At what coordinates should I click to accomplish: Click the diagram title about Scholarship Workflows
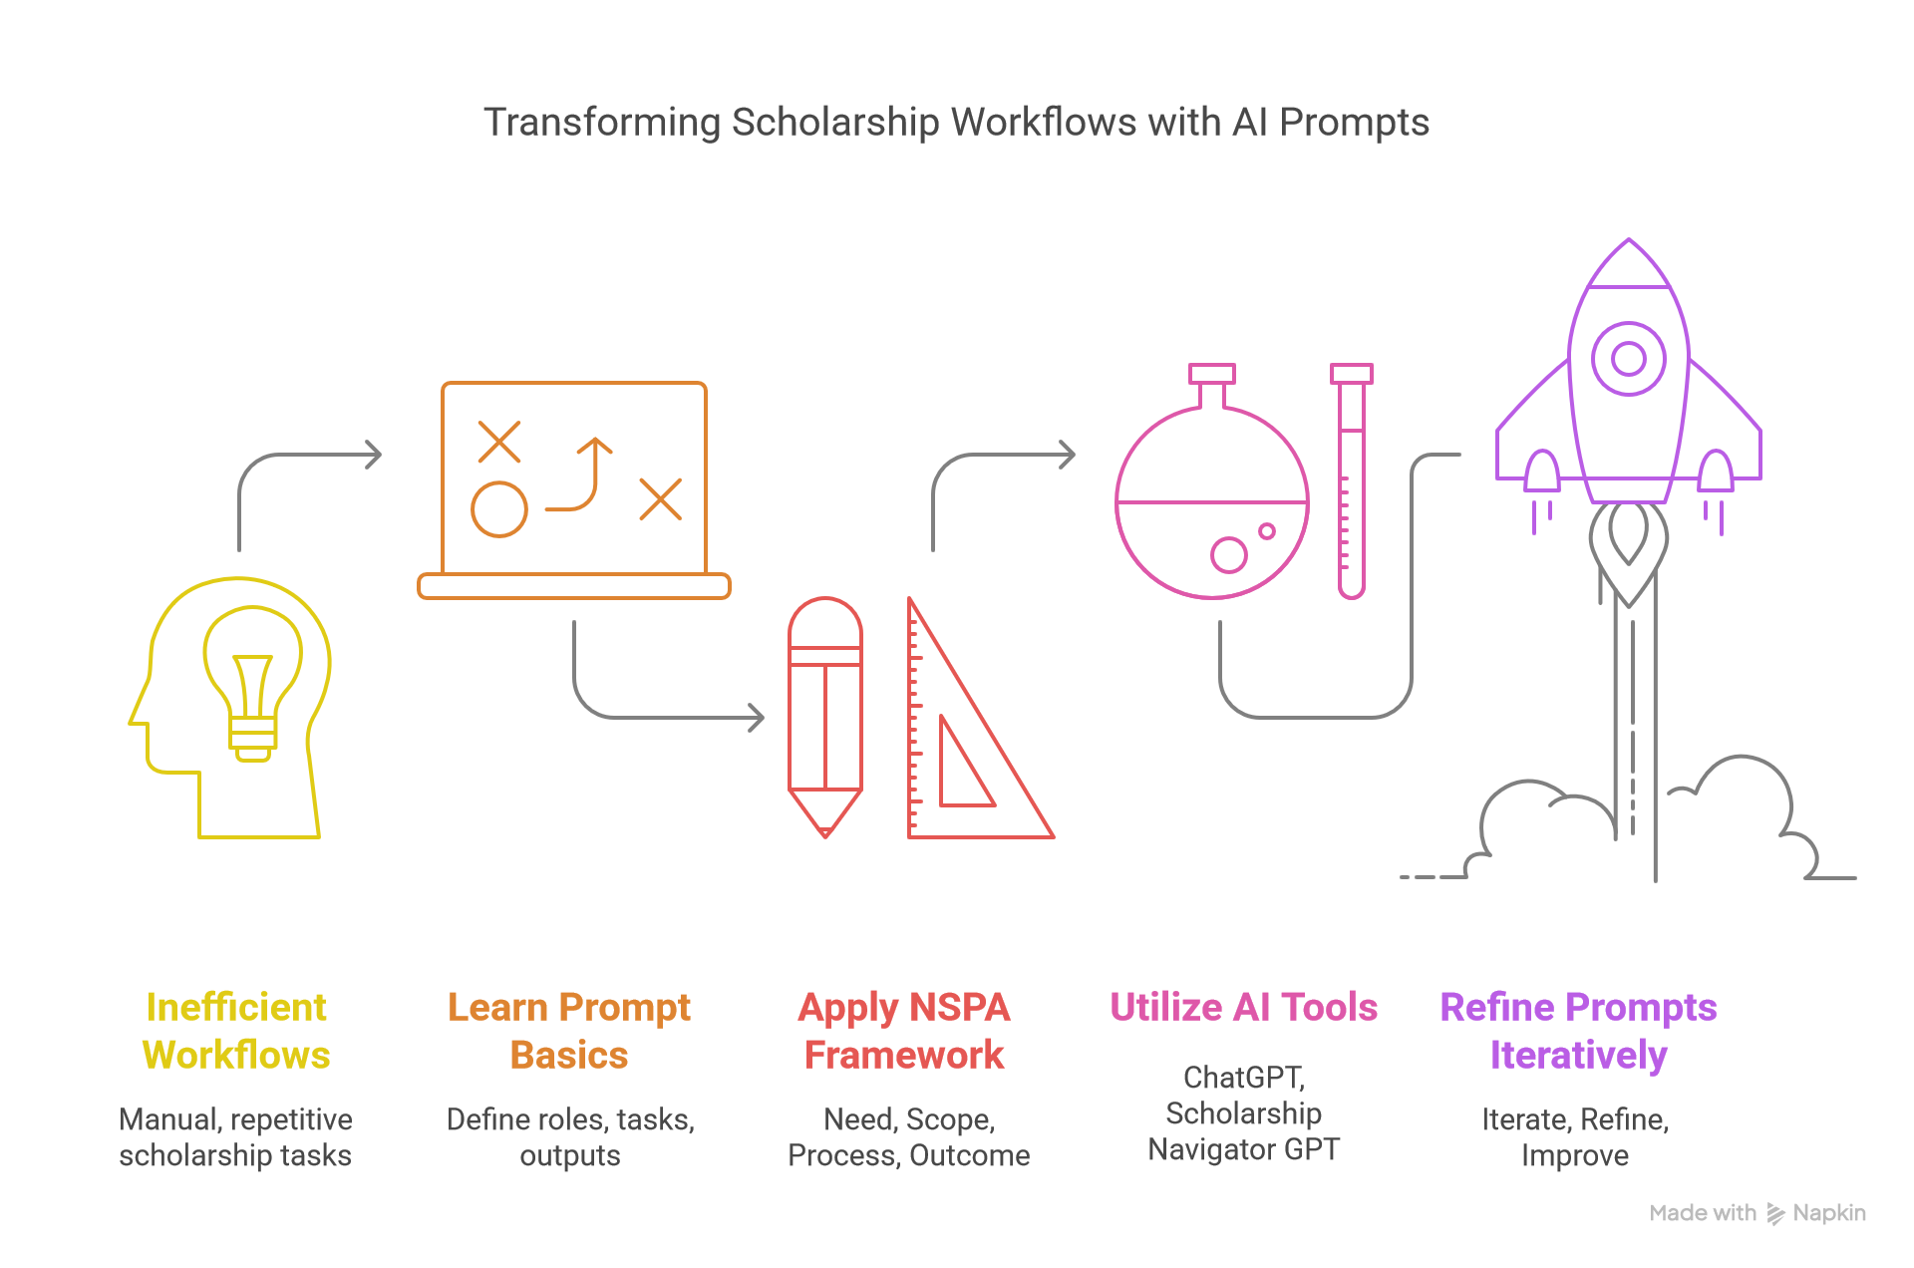pos(956,123)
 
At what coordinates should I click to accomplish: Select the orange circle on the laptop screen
pos(499,509)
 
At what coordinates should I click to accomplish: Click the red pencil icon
pos(825,717)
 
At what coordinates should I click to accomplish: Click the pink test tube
pos(1352,481)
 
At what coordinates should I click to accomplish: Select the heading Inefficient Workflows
pos(236,1031)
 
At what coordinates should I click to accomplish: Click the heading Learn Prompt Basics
pos(569,1031)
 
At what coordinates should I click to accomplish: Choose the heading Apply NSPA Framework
pos(904,1031)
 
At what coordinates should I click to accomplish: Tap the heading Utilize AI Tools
pos(1244,1007)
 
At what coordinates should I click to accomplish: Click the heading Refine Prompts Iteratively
pos(1579,1031)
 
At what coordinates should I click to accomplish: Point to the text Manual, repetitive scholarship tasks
pos(235,1137)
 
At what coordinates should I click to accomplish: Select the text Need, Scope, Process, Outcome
pos(909,1137)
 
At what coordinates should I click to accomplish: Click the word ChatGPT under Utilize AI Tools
pos(1243,1078)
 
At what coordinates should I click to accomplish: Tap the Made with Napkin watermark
pos(1757,1213)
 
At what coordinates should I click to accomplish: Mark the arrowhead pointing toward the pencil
pos(757,717)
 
